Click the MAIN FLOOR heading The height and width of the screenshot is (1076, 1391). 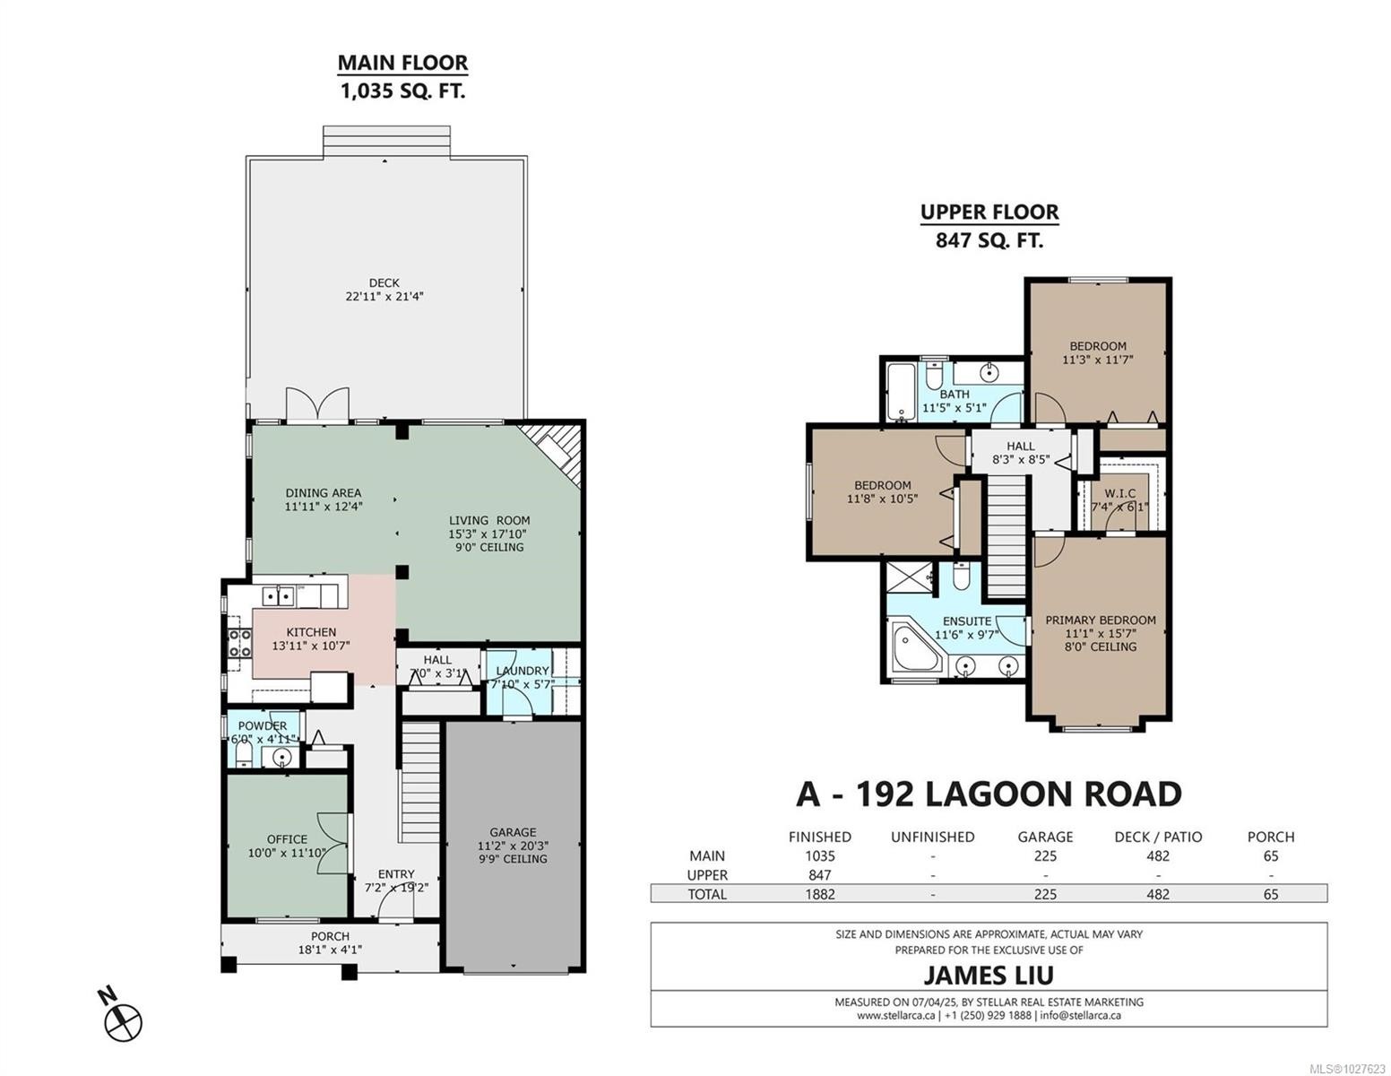[x=402, y=63]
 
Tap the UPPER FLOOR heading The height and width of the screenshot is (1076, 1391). [x=989, y=213]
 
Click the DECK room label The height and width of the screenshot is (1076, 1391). [x=384, y=282]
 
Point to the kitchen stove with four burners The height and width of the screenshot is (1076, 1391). [x=240, y=644]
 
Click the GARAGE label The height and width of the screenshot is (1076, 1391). [x=512, y=832]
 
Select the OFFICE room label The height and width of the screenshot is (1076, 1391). [x=286, y=839]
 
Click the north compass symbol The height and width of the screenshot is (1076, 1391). [x=123, y=1020]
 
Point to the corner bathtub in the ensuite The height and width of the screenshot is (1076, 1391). [x=916, y=650]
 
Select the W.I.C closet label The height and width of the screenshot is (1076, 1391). [x=1119, y=493]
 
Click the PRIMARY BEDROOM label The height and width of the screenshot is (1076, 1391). [x=1100, y=620]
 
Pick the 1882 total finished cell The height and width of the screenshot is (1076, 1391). [x=819, y=894]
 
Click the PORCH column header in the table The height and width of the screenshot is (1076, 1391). [x=1270, y=837]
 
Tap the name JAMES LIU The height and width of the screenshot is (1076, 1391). [x=989, y=975]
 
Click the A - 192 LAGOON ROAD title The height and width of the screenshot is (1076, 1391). [x=989, y=794]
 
